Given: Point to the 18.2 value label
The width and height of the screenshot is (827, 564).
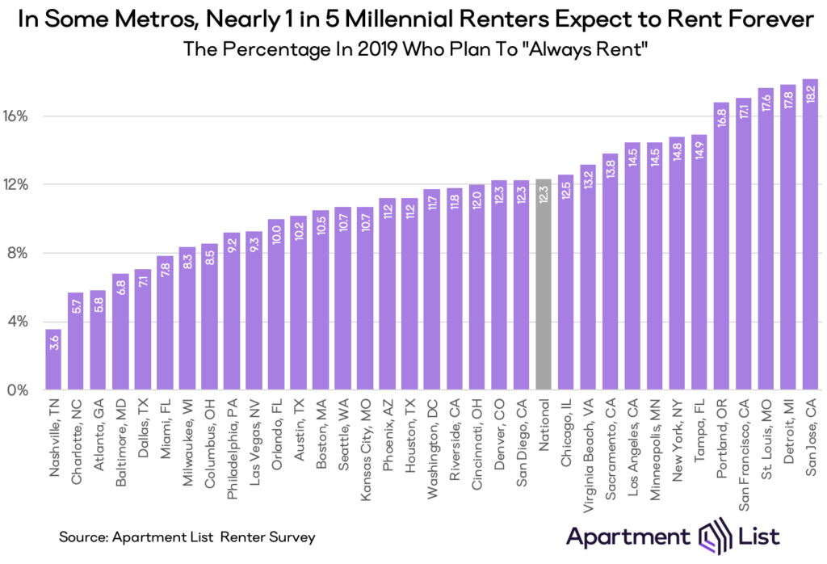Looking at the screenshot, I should (810, 91).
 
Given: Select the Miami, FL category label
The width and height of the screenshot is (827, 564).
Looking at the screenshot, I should (166, 427).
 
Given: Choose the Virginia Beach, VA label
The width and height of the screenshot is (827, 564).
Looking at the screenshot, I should (588, 452).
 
